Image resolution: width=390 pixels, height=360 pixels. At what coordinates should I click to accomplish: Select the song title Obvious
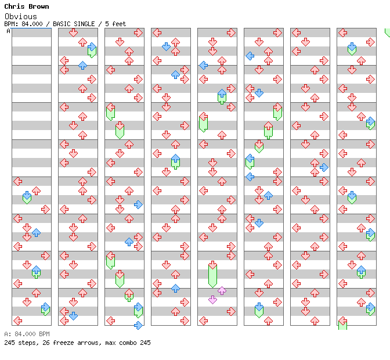(21, 16)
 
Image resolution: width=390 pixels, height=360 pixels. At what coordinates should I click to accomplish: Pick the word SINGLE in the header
(84, 24)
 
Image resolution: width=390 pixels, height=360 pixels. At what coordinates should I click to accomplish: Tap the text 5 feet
(115, 24)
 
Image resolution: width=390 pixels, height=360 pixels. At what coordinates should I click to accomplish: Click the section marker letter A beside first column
(9, 31)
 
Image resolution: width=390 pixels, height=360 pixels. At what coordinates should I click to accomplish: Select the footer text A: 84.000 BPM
(27, 334)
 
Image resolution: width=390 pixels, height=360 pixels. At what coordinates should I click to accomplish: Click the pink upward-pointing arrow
(222, 290)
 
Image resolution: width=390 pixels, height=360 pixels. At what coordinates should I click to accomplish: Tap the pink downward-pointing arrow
(212, 300)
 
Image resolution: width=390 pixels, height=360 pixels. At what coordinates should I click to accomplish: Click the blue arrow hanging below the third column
(138, 325)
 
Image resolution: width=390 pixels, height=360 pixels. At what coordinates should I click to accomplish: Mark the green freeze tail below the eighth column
(343, 325)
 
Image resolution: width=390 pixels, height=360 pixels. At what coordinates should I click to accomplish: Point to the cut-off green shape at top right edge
(387, 33)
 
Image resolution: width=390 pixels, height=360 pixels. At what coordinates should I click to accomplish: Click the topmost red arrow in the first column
(17, 181)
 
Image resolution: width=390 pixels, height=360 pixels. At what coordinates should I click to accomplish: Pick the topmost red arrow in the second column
(73, 33)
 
